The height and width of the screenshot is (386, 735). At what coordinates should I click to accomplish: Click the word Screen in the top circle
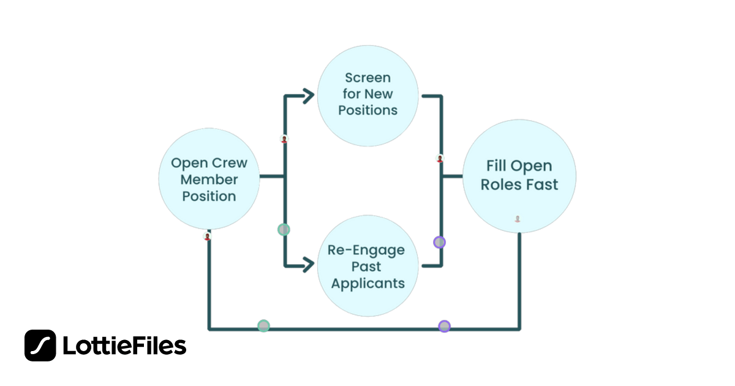[x=367, y=78]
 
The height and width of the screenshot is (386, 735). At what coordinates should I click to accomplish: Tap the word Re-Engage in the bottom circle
[x=366, y=251]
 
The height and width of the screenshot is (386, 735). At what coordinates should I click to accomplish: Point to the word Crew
[x=230, y=164]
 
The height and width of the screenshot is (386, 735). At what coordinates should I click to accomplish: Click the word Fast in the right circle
[x=540, y=184]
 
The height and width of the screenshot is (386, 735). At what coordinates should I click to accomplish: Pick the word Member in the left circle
[x=209, y=180]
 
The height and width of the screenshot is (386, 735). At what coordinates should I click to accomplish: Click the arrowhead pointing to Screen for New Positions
[x=307, y=95]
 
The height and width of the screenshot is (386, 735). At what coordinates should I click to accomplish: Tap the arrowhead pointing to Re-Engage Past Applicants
[x=307, y=265]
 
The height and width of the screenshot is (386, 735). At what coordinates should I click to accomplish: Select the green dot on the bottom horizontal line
[x=263, y=326]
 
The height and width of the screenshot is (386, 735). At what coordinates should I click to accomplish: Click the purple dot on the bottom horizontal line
[x=445, y=326]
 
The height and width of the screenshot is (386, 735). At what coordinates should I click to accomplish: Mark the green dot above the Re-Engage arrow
[x=284, y=230]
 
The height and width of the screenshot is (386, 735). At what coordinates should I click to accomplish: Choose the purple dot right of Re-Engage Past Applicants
[x=439, y=242]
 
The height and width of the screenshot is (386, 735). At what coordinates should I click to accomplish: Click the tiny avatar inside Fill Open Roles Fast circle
[x=518, y=219]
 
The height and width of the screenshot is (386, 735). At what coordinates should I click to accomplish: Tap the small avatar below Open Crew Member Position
[x=208, y=237]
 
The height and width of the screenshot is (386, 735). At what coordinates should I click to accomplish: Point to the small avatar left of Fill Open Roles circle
[x=439, y=159]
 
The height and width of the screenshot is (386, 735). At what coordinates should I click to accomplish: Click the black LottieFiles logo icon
[x=40, y=346]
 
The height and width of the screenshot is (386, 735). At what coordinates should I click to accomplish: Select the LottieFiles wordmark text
[x=124, y=346]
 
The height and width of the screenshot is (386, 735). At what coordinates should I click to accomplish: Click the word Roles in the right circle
[x=498, y=184]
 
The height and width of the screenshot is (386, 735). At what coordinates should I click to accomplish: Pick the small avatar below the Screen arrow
[x=284, y=139]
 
